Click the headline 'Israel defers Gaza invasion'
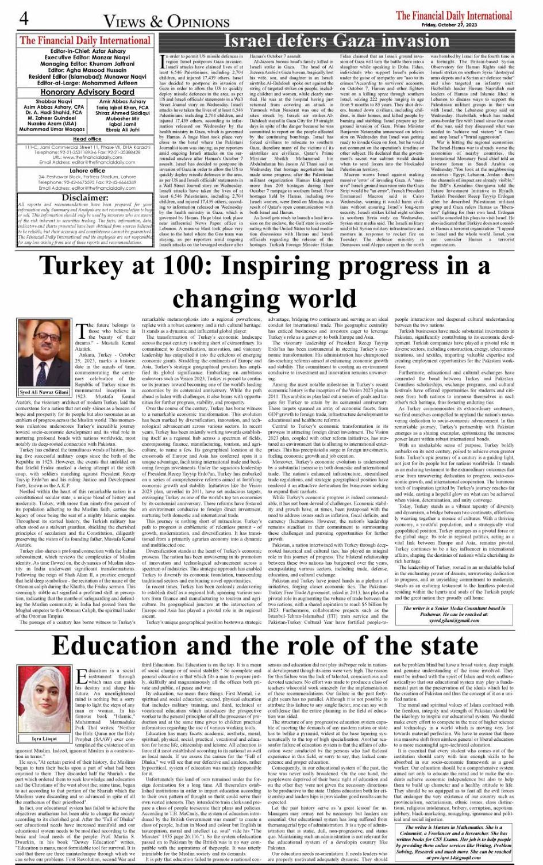click(336, 41)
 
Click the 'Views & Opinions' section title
click(166, 21)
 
